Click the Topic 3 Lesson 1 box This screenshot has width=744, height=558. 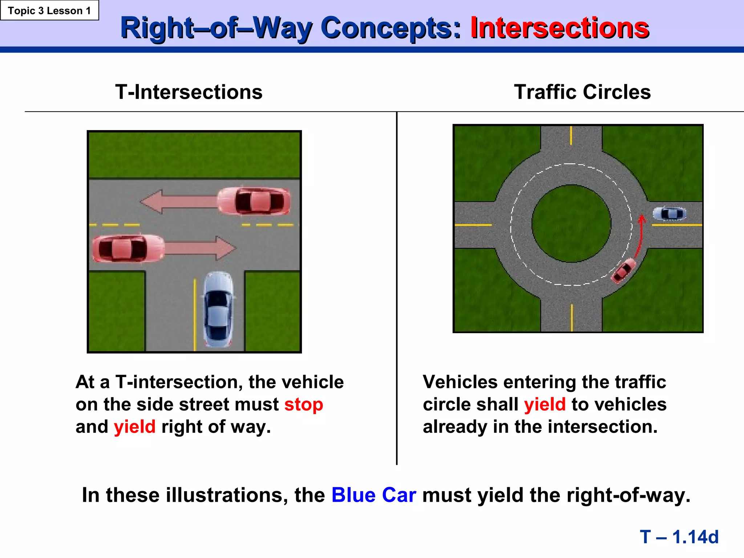[49, 11]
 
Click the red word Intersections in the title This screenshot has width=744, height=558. [559, 28]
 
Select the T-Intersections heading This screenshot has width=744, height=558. [189, 92]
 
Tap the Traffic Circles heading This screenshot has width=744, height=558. [582, 92]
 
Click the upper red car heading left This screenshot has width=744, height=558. [254, 201]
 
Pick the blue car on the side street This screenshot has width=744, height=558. [218, 309]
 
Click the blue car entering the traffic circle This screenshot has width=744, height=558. [670, 214]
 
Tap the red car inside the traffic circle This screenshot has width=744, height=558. [623, 271]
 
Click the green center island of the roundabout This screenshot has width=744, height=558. [571, 223]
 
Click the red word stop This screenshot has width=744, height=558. [303, 404]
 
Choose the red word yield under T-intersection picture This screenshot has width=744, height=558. [134, 427]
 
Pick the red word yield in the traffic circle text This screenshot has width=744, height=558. [545, 404]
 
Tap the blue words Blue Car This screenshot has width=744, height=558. [373, 495]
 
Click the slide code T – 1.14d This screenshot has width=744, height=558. [679, 537]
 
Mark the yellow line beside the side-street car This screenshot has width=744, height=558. [195, 314]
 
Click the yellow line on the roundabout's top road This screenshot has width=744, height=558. [571, 136]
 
